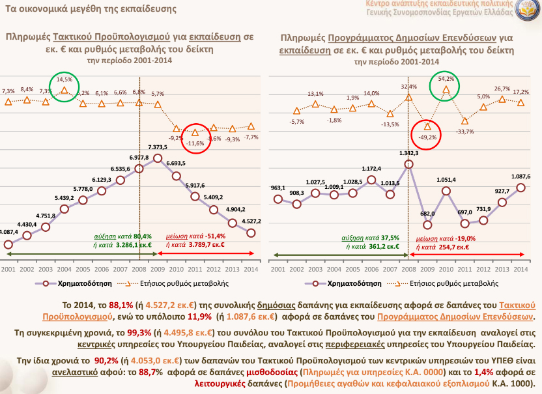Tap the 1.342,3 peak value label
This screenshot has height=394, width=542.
click(408, 154)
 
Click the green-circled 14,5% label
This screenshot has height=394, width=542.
click(64, 79)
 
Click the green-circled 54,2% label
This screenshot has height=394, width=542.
click(446, 79)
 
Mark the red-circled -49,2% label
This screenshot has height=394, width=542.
click(427, 137)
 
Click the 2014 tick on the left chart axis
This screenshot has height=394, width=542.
click(251, 268)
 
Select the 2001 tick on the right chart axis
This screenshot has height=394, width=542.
click(278, 268)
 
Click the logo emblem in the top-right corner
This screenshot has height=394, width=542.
click(526, 13)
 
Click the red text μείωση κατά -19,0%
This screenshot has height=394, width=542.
click(442, 239)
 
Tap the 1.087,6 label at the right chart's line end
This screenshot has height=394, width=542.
click(521, 176)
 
